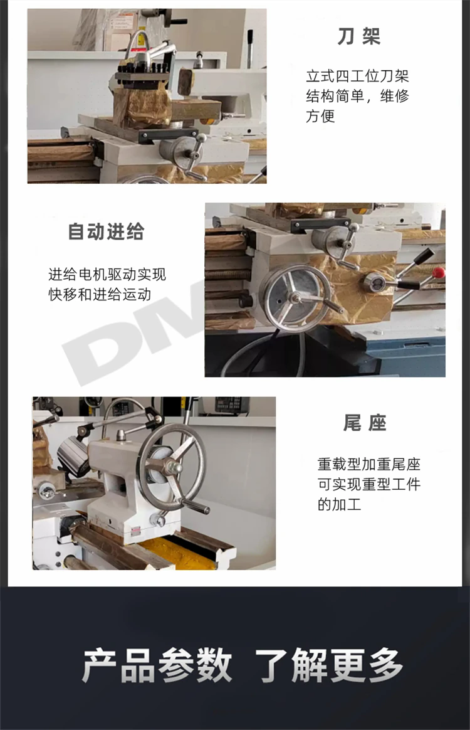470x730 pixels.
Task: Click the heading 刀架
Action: coord(359,36)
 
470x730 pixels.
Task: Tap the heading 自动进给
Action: coord(107,231)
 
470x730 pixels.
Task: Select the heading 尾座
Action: coord(365,423)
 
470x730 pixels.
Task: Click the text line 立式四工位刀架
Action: coord(357,76)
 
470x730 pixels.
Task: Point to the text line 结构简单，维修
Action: coord(357,96)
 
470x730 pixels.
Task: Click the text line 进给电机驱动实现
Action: coord(107,274)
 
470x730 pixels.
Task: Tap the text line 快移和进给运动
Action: coord(100,294)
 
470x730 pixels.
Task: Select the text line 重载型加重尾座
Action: coord(369,464)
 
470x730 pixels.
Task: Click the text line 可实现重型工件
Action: coord(369,484)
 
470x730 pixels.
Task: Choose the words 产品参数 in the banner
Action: coord(157,665)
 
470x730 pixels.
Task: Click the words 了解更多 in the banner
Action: coord(329,665)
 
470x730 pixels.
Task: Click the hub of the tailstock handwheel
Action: coord(173,467)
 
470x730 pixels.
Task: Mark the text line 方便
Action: coord(320,116)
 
